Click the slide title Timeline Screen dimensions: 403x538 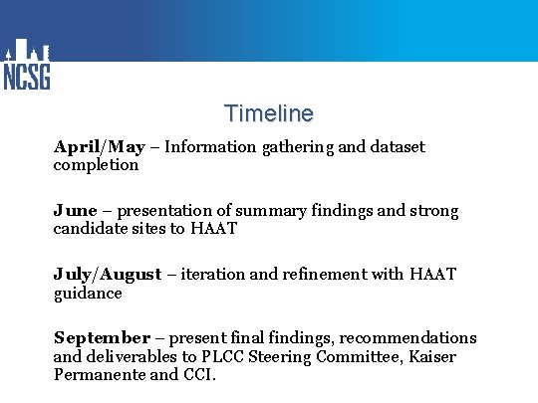pyautogui.click(x=268, y=113)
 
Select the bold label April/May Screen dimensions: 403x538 pyautogui.click(x=99, y=147)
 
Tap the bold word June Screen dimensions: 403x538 pyautogui.click(x=75, y=211)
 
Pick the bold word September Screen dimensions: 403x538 pyautogui.click(x=101, y=338)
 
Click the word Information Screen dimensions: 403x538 pyautogui.click(x=211, y=147)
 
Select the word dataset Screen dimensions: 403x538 pyautogui.click(x=397, y=147)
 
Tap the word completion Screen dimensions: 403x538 pyautogui.click(x=96, y=165)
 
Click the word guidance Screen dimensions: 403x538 pyautogui.click(x=88, y=294)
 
